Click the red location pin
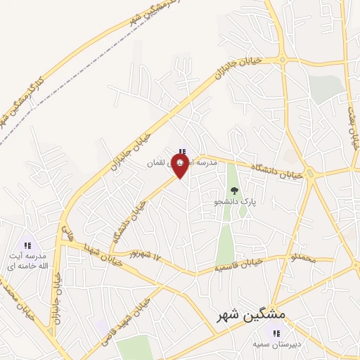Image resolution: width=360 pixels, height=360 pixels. pos(181,165)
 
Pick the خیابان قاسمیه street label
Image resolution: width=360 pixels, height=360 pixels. pos(239,264)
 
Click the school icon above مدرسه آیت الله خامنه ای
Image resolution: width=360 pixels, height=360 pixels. pos(28,245)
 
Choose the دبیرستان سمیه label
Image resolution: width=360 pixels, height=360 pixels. pos(277,345)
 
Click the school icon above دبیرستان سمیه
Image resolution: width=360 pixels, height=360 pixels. pos(277,333)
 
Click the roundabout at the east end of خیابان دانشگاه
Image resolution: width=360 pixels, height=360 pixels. pos(309,172)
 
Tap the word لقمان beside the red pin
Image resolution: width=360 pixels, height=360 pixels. pos(155,163)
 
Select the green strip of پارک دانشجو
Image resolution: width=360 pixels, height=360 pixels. pos(225,239)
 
